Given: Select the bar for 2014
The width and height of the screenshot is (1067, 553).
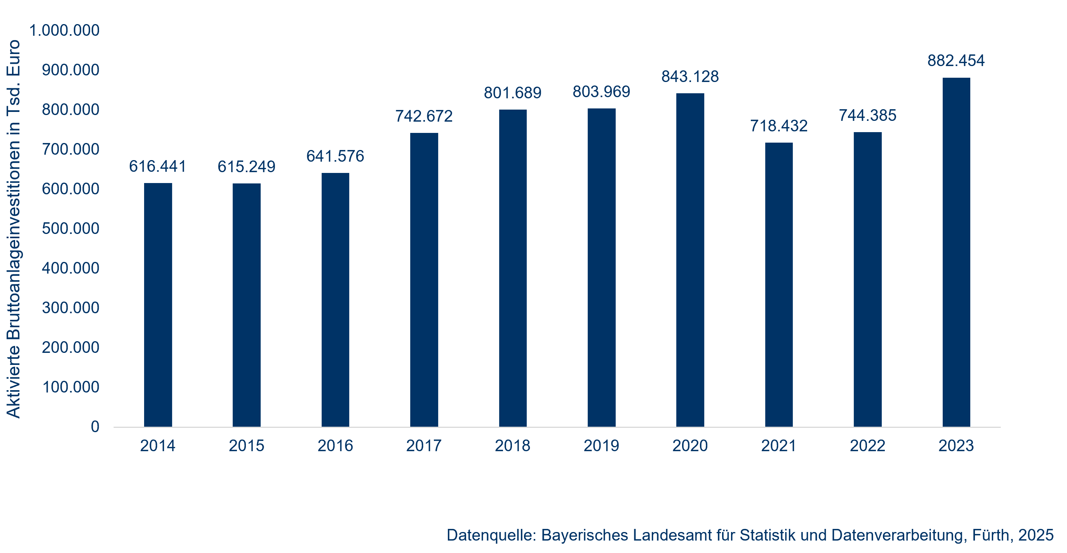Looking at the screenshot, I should click(158, 305).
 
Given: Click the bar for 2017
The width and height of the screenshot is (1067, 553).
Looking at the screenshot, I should click(424, 280).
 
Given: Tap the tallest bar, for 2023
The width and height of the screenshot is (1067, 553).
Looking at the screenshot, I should click(956, 252).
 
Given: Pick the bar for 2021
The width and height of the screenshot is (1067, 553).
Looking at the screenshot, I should click(779, 285).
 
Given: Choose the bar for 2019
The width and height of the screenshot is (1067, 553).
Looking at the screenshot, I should click(601, 267).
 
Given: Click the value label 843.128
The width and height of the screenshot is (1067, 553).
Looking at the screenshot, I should click(690, 77).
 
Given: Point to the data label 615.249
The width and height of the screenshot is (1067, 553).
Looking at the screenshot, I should click(246, 167).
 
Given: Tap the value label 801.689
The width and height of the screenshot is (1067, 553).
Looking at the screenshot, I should click(512, 93).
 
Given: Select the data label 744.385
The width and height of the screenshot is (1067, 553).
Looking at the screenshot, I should click(867, 115).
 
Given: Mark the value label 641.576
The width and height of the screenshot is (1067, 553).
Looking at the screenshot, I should click(335, 156).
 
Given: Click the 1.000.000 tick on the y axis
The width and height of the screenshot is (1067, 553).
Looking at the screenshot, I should click(64, 30).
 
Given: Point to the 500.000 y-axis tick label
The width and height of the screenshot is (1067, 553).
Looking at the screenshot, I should click(70, 229).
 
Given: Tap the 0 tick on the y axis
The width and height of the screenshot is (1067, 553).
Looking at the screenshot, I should click(95, 427).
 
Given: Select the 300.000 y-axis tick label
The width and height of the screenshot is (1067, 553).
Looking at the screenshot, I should click(70, 308).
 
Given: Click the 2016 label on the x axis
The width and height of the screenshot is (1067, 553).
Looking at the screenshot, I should click(335, 446).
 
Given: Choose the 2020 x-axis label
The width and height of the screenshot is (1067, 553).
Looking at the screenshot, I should click(690, 446).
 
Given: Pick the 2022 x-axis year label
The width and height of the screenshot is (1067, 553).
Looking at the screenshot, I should click(867, 446).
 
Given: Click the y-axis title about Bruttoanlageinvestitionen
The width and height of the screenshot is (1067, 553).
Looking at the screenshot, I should click(13, 229).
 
